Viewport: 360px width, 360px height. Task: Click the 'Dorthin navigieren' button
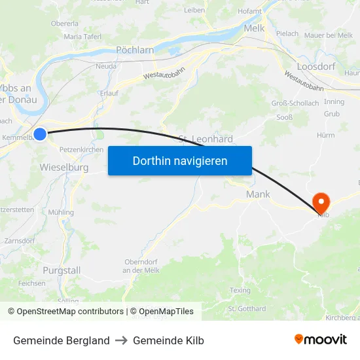point(180,160)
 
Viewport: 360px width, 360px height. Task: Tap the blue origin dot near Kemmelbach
point(40,134)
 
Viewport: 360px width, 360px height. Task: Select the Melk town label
point(254,28)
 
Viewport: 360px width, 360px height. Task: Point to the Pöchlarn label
point(134,50)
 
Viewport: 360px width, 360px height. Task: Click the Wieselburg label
point(64,168)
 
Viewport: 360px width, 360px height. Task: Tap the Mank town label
point(258,194)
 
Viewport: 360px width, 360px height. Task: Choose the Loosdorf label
point(316,66)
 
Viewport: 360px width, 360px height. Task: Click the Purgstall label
point(62,270)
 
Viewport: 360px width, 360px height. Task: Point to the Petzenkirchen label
point(81,150)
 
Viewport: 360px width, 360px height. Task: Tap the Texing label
point(240,290)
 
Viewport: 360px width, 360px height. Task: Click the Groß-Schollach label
point(295,103)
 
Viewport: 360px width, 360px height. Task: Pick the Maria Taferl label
point(82,37)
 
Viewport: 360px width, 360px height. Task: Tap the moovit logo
point(321,340)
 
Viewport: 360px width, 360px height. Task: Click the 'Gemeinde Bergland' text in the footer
point(62,340)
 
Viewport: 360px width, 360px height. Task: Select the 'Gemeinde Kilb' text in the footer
point(168,340)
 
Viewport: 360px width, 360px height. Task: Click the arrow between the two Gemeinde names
point(121,340)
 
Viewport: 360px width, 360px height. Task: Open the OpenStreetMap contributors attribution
point(69,312)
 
